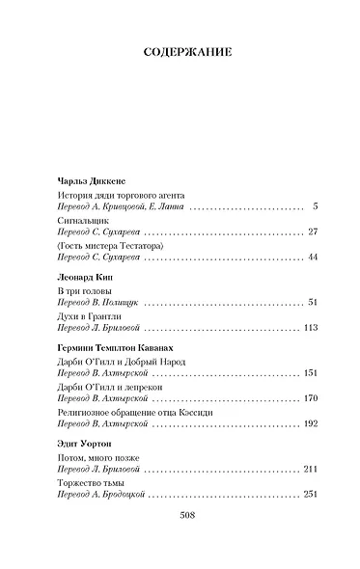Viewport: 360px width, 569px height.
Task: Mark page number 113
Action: [310, 327]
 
